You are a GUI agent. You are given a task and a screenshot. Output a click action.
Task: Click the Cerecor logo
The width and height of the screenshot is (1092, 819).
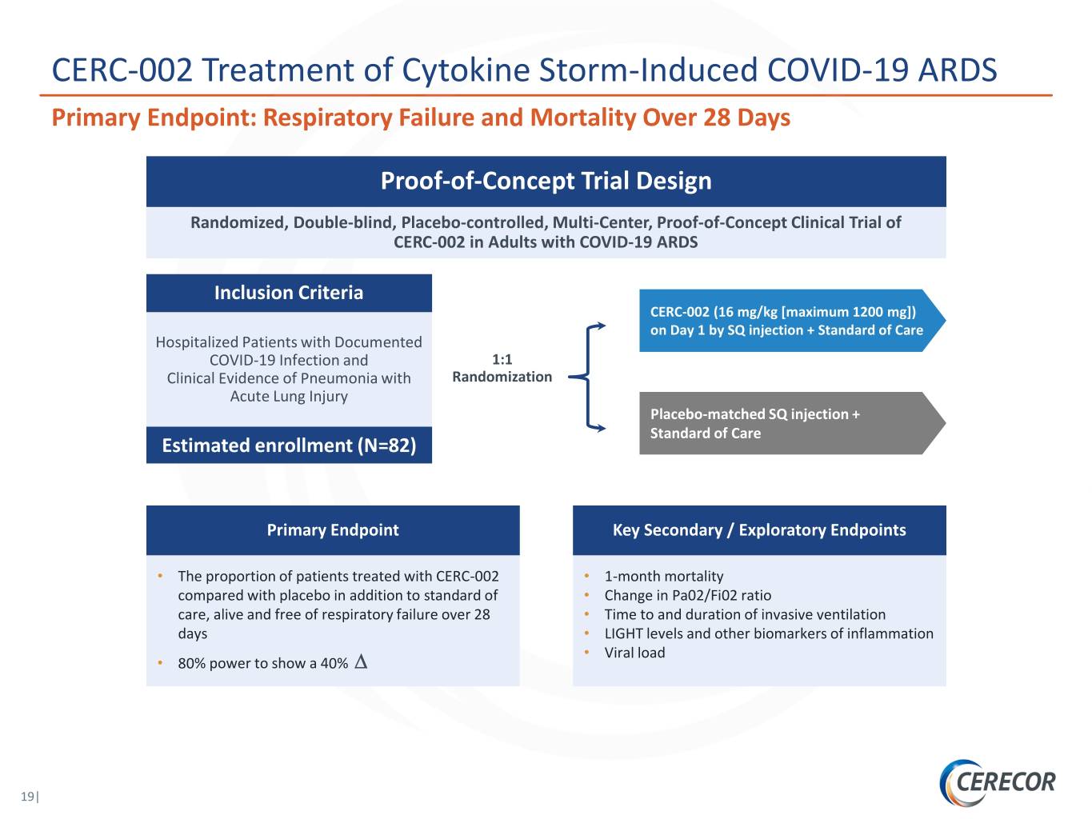click(997, 782)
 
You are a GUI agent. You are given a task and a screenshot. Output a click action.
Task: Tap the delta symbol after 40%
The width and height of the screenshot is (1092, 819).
click(361, 662)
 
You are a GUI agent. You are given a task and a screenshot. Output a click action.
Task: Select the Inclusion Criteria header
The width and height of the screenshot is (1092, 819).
click(289, 293)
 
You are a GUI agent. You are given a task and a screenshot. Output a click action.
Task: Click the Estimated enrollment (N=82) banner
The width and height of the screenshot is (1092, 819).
click(289, 445)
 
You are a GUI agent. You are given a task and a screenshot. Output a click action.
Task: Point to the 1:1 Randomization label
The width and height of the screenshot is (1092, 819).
click(502, 368)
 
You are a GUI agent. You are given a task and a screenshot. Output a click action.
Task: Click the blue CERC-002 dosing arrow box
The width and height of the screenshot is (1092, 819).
click(792, 321)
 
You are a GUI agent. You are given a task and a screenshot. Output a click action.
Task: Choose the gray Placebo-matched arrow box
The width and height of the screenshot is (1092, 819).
click(792, 423)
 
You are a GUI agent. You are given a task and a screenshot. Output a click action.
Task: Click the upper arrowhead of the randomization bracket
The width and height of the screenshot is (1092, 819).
click(602, 326)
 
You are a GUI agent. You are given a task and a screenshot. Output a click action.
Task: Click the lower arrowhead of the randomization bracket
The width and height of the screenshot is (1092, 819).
click(602, 428)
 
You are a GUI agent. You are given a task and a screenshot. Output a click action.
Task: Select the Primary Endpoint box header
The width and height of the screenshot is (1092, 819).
click(333, 530)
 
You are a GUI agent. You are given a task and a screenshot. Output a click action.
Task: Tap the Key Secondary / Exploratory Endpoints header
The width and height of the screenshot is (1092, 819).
click(759, 530)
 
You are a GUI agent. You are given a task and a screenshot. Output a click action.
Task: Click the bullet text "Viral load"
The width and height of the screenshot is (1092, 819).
click(634, 653)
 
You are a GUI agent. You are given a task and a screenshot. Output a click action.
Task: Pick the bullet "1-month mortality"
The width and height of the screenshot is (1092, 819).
click(664, 577)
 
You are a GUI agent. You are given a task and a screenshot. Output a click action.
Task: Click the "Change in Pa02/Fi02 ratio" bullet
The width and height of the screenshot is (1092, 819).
click(687, 595)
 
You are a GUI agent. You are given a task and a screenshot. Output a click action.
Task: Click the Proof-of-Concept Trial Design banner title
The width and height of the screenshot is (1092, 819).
click(546, 181)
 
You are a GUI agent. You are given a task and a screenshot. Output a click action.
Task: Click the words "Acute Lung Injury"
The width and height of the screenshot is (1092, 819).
click(289, 397)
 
